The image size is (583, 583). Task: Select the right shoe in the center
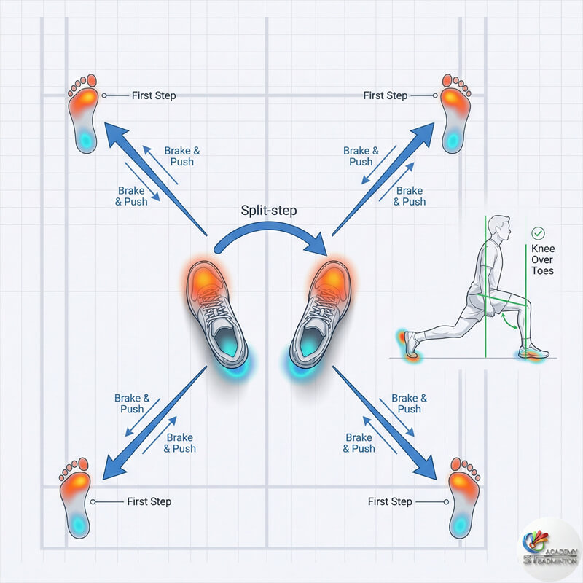click(x=321, y=313)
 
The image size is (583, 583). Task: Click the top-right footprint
click(x=455, y=112)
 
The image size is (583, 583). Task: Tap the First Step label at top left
click(x=154, y=95)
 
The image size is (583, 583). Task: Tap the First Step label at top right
click(x=386, y=95)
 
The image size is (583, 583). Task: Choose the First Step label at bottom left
click(x=149, y=501)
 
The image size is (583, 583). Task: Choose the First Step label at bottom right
click(x=390, y=501)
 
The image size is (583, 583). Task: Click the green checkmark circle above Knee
click(x=539, y=233)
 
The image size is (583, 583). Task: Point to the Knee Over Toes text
click(x=542, y=259)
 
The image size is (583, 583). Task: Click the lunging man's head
click(x=498, y=227)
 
